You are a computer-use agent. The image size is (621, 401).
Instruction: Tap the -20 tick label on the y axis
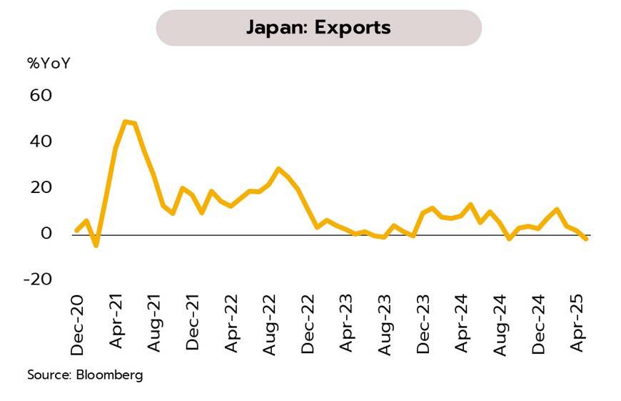point(39,279)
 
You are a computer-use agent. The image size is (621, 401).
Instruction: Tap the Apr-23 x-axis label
point(346,325)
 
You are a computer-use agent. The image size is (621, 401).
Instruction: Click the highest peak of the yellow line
point(126,122)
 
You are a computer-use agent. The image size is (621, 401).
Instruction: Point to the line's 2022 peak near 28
point(279,169)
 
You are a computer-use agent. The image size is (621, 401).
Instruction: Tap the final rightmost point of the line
point(587,239)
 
